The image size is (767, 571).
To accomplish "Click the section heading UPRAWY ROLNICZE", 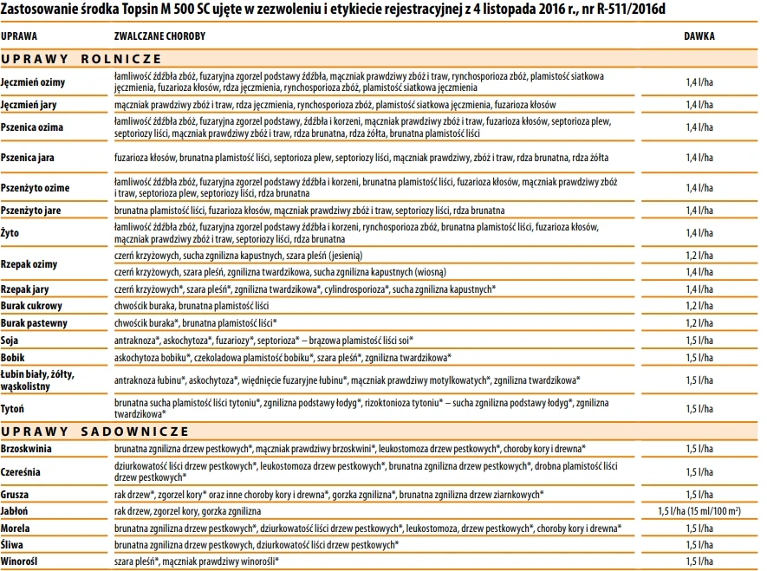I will pos(81,58).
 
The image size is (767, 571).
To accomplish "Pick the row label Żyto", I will pos(10,233).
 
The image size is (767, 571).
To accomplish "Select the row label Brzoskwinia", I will pos(27,449).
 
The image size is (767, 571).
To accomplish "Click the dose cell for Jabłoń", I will pos(699,511).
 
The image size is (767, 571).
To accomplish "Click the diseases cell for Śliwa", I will pos(257,545).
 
